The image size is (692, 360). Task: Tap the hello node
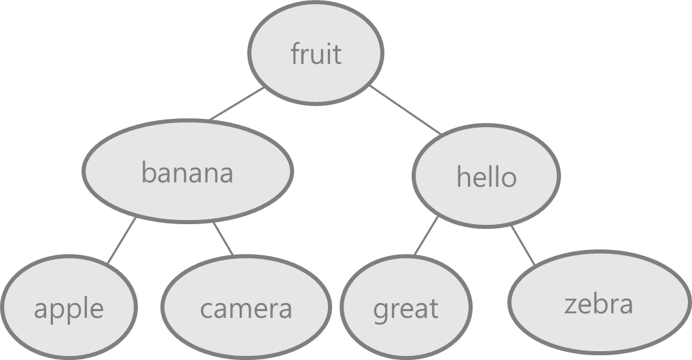(x=486, y=177)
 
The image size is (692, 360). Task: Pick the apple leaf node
(x=68, y=309)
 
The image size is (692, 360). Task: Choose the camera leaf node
(x=245, y=309)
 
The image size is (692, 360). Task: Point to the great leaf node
(x=405, y=309)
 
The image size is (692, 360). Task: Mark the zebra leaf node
(x=598, y=304)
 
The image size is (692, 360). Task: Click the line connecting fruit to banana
(x=237, y=104)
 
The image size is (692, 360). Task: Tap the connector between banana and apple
(x=122, y=240)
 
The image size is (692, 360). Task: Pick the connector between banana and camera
(x=223, y=238)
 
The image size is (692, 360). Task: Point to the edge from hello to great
(x=426, y=236)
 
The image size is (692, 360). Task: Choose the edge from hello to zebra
(x=522, y=245)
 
